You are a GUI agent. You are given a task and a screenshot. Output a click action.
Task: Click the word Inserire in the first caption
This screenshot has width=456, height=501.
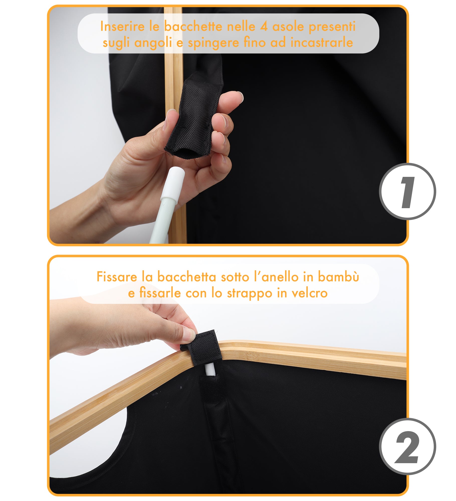click(122, 26)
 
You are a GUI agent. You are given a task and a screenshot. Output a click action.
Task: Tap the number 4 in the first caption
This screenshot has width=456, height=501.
click(263, 27)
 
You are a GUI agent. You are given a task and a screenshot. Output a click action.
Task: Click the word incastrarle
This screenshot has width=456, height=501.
click(322, 42)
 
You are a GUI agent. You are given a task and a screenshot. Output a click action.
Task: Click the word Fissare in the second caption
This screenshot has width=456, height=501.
click(117, 277)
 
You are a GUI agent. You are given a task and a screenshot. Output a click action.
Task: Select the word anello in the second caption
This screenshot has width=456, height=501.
click(280, 277)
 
